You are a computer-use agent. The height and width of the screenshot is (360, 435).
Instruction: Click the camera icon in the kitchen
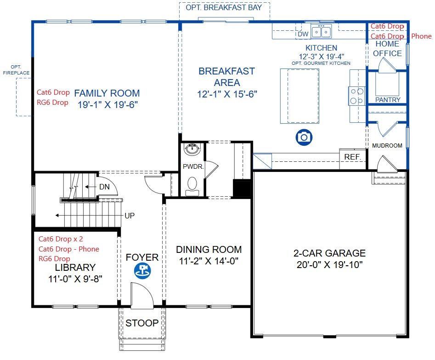(x=304, y=137)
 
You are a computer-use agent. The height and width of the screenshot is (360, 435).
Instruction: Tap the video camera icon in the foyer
(x=142, y=271)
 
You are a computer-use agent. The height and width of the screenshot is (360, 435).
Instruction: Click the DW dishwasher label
(x=303, y=34)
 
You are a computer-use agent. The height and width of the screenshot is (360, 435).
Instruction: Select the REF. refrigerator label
(x=353, y=157)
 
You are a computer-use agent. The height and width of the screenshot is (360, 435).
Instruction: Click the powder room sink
(x=192, y=149)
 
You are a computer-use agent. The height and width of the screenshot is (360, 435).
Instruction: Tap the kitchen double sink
(x=321, y=32)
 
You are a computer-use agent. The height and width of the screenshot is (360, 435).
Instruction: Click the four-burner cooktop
(x=357, y=96)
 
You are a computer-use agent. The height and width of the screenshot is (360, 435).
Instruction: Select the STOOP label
(x=142, y=323)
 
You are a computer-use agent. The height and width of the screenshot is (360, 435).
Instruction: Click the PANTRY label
(x=388, y=100)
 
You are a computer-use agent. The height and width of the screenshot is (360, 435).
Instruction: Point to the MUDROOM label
(x=387, y=146)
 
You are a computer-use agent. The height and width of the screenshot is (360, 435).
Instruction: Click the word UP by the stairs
(x=130, y=216)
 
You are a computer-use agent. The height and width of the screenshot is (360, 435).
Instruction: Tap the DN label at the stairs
(x=104, y=187)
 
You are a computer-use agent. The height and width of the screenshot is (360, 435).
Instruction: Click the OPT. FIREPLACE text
(x=16, y=70)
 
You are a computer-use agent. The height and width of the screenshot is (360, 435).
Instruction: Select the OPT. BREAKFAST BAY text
(x=224, y=7)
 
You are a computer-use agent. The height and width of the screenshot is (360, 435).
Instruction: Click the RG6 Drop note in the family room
(x=52, y=103)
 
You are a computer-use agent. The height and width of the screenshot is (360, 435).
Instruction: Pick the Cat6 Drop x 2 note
(x=61, y=239)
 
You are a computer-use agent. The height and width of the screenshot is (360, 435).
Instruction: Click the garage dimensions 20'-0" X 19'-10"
(x=329, y=265)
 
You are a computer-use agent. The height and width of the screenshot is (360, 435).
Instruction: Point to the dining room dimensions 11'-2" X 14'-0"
(x=209, y=261)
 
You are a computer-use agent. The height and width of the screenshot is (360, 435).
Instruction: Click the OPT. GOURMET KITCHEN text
(x=321, y=63)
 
